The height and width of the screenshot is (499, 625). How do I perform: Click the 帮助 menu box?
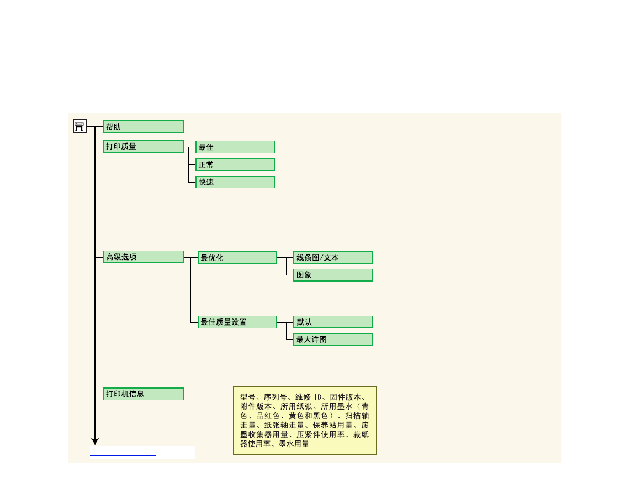143,126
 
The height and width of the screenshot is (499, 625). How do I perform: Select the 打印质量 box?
143,146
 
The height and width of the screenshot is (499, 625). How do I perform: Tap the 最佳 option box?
235,147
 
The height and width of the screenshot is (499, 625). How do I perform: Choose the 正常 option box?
235,164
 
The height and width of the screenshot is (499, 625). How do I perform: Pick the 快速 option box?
235,182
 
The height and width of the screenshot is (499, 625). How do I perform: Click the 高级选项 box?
143,257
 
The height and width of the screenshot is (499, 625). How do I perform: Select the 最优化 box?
237,257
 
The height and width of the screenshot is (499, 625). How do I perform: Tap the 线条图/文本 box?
332,257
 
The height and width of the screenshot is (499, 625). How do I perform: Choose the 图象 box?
332,275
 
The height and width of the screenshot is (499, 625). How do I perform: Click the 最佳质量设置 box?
237,322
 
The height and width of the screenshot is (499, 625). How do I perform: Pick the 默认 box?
332,322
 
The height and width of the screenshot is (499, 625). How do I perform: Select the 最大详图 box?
332,339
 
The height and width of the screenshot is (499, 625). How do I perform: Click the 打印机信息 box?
143,394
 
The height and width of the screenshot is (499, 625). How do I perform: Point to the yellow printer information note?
304,421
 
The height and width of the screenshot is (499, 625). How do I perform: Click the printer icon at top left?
80,126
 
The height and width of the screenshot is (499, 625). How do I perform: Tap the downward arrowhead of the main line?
95,442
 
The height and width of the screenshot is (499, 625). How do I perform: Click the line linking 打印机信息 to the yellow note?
208,394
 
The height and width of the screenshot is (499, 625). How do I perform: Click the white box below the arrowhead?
142,452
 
